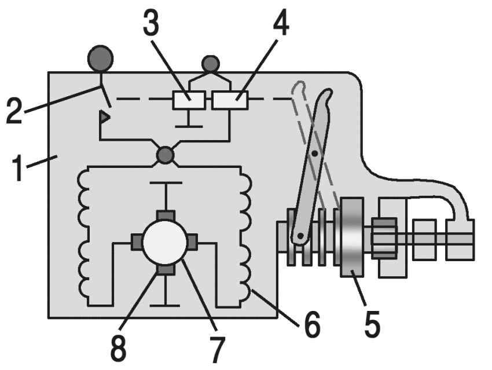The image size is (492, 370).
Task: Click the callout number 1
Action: point(18,169)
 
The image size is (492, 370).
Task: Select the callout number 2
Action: point(14,111)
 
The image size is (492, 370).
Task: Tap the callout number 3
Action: point(151,22)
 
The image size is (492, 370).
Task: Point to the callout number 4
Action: point(281,23)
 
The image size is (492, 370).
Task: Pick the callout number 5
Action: point(372,324)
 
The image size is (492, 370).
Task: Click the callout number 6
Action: point(312,325)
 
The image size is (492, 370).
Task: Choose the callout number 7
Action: point(218,350)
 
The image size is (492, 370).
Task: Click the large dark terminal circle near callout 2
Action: point(100,58)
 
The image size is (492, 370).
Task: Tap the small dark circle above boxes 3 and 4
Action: point(211,64)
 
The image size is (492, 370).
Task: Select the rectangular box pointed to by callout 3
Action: point(189,100)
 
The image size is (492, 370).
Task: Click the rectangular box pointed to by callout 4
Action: point(230,100)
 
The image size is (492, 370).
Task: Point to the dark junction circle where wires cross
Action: point(165,155)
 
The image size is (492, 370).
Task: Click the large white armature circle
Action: point(165,242)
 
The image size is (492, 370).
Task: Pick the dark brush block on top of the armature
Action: point(166,215)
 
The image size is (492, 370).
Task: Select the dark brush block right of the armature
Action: point(192,242)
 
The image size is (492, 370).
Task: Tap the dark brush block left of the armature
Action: point(137,242)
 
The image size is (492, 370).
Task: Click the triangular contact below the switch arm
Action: point(105,117)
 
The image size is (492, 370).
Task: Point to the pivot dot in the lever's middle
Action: point(315,153)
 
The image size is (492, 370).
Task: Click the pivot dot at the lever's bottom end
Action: point(300,235)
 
